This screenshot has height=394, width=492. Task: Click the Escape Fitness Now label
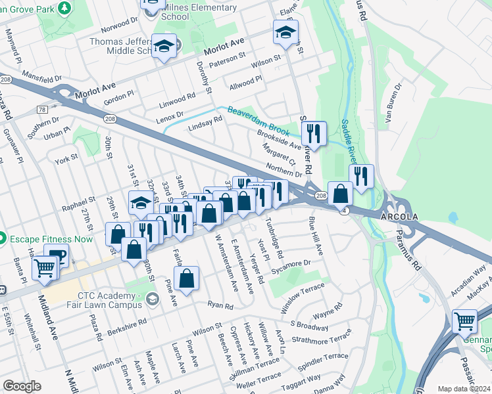tap(51, 238)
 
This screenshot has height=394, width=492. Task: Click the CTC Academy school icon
tap(153, 299)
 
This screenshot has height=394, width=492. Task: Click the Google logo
tap(22, 385)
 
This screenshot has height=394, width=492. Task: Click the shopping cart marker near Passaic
tap(464, 321)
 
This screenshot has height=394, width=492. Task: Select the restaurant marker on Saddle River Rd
tap(314, 134)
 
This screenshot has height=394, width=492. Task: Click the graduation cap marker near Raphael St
tap(141, 204)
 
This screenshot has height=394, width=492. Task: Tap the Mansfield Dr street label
tap(41, 76)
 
